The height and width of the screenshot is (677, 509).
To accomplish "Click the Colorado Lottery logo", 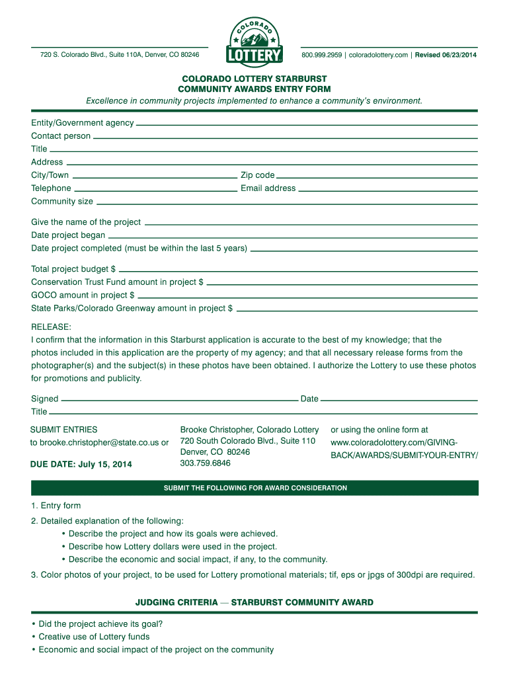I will click(x=255, y=40).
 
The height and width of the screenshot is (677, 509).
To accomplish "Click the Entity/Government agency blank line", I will click(x=307, y=124).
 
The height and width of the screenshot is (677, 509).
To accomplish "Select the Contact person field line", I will click(x=285, y=138).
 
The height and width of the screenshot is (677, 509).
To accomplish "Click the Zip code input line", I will click(x=377, y=177).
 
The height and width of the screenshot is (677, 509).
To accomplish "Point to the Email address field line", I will click(x=387, y=190).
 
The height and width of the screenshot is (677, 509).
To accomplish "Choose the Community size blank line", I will click(x=286, y=203).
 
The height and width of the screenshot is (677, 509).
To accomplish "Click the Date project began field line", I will click(x=292, y=237).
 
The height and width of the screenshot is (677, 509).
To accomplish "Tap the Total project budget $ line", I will click(x=298, y=270).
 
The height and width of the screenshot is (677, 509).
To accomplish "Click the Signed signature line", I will click(x=179, y=400).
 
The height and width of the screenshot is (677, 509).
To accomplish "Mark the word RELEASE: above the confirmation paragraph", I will click(x=51, y=327).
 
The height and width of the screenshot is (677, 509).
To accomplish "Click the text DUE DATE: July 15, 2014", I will click(x=81, y=464).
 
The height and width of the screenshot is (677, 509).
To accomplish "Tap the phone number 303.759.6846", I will click(x=205, y=463).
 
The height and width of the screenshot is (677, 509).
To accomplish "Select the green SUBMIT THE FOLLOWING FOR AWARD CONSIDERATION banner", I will click(x=255, y=488).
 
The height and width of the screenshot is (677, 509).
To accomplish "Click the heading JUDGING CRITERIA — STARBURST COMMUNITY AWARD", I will click(x=255, y=602).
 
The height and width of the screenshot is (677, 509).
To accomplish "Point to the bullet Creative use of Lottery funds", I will click(x=94, y=637).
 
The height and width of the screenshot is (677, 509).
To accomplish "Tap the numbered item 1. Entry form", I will click(x=56, y=506).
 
